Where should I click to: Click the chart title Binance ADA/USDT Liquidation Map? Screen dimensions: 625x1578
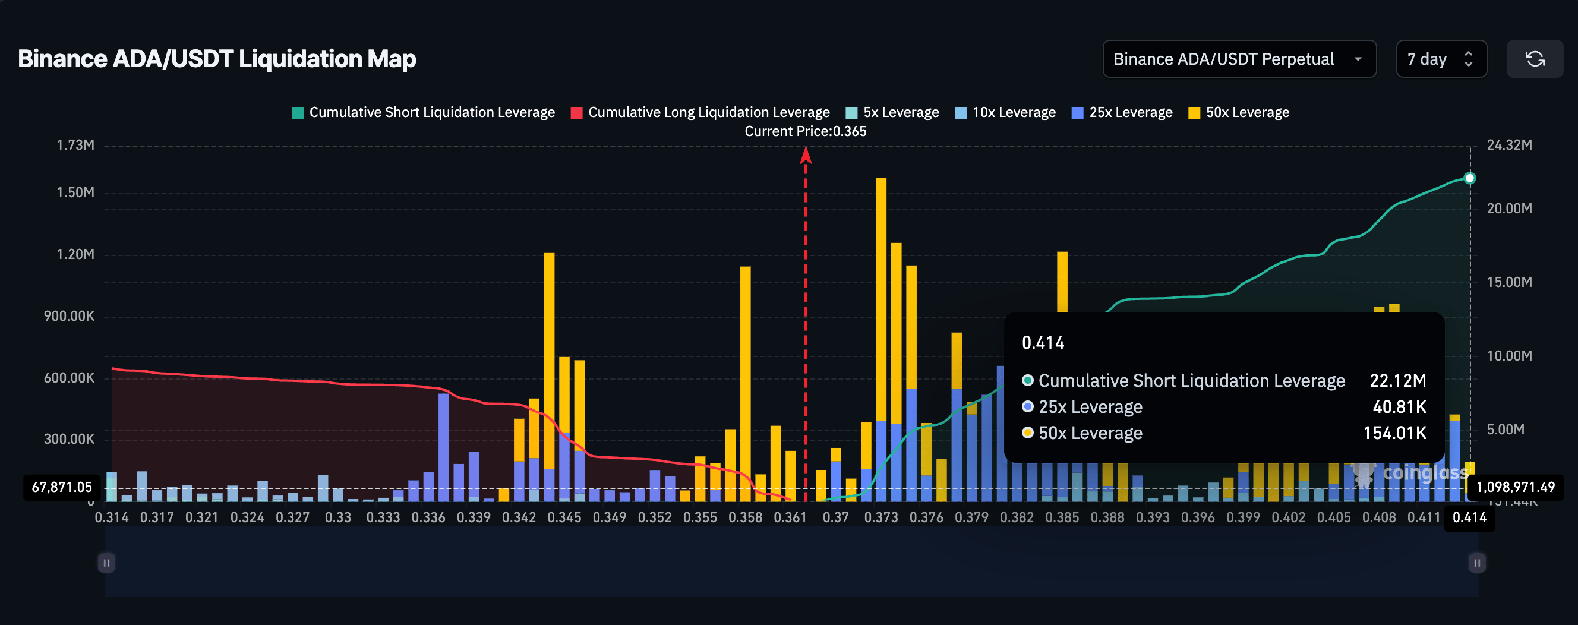pos(217,59)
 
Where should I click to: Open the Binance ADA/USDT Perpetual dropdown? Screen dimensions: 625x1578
pos(1239,59)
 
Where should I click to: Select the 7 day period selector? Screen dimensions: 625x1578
pos(1440,59)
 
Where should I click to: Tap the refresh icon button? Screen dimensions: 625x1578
pos(1534,59)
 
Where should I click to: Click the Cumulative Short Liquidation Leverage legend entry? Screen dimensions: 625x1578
pos(423,112)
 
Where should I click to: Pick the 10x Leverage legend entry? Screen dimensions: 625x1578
pos(1005,112)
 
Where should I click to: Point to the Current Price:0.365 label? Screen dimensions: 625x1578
pos(805,131)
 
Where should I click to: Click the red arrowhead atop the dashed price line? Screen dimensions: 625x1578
pos(806,157)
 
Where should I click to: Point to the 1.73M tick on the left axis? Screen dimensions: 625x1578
pos(75,145)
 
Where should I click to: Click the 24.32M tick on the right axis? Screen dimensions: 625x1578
pos(1508,145)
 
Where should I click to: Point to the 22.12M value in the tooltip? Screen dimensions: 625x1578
pos(1397,380)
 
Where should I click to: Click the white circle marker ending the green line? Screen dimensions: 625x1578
pos(1469,178)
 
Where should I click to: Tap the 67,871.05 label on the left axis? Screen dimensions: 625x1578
pos(61,487)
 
